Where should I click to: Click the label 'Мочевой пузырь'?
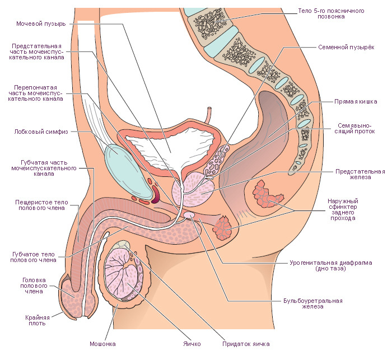42,24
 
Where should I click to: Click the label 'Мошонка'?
102,343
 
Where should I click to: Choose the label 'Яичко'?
191,343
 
